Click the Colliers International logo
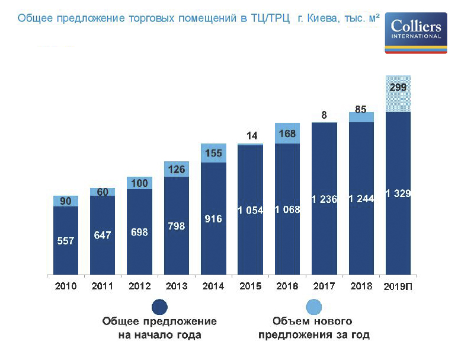[x=415, y=34]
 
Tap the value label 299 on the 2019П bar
[x=398, y=87]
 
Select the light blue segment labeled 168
[x=287, y=133]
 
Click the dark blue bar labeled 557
[x=66, y=240]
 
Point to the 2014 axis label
[x=213, y=286]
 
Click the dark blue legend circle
[x=159, y=307]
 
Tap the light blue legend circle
[x=312, y=307]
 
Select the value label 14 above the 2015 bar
[x=251, y=135]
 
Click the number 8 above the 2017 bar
[x=324, y=115]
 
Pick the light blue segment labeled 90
[x=66, y=201]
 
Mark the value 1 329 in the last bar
[x=398, y=193]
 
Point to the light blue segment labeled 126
[x=177, y=169]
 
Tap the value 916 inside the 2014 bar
[x=213, y=219]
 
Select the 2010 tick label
[x=66, y=286]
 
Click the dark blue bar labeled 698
[x=139, y=232]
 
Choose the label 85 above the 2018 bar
[x=361, y=109]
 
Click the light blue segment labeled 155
[x=213, y=153]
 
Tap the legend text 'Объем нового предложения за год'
[x=312, y=328]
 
